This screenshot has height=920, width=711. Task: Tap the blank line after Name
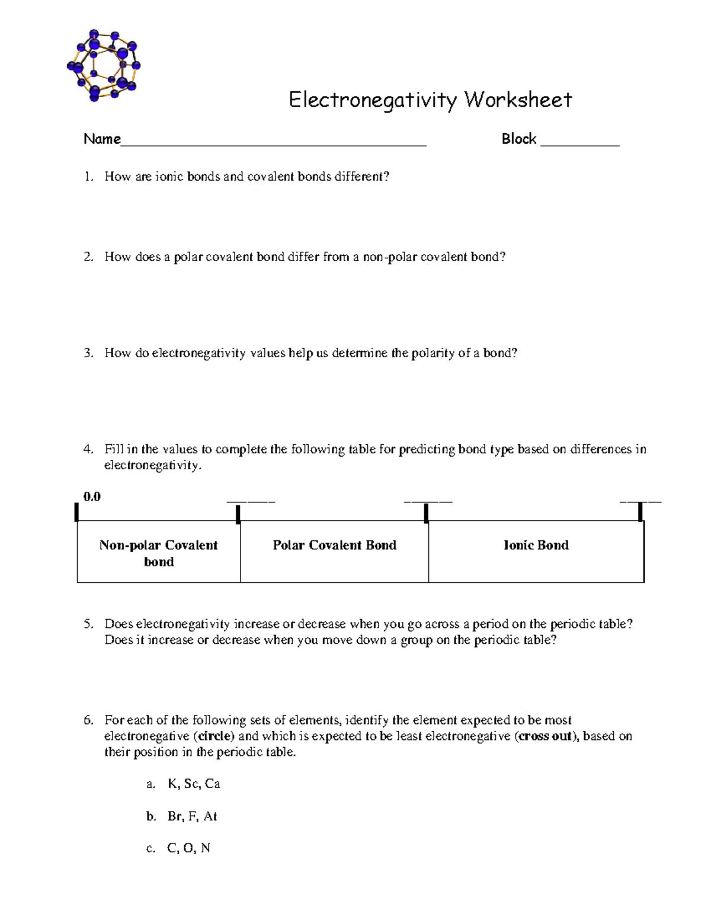(273, 142)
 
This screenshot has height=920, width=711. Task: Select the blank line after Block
(579, 142)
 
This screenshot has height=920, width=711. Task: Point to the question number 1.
(88, 177)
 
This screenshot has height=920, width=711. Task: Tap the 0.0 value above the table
(92, 497)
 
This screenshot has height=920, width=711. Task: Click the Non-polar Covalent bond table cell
(159, 553)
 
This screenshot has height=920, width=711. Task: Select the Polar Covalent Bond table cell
(334, 546)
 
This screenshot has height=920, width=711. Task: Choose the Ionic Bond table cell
(536, 546)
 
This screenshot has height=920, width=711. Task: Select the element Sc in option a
(191, 784)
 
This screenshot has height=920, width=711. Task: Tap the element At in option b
(210, 817)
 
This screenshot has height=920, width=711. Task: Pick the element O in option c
(188, 849)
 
